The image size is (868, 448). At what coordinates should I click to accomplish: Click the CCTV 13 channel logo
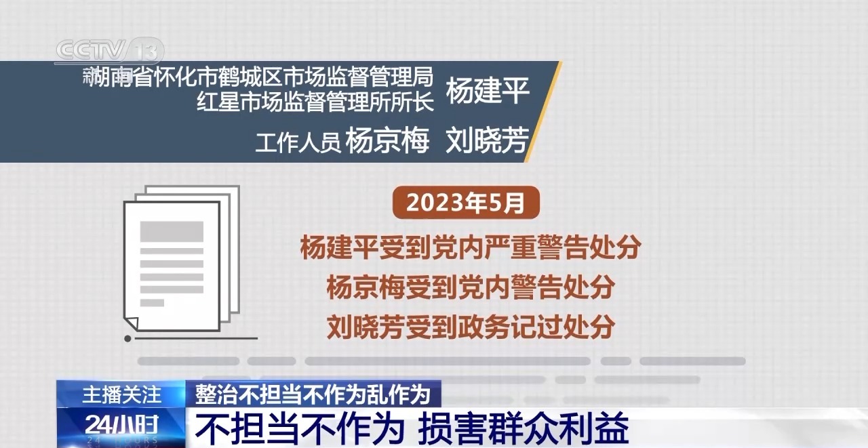[x=110, y=51]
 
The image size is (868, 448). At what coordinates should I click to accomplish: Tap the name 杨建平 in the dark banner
[x=488, y=90]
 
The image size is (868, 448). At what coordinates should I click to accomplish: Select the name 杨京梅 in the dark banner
[x=387, y=140]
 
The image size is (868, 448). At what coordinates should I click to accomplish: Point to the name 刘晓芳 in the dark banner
[x=488, y=140]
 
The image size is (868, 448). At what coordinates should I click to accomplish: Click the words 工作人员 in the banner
[x=298, y=142]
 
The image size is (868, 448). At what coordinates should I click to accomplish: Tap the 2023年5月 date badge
[x=466, y=203]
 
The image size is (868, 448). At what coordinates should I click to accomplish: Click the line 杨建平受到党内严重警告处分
[x=471, y=247]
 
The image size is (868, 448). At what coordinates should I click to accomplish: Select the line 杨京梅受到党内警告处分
[x=471, y=287]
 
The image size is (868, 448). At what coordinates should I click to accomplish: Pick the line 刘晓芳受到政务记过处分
[x=471, y=327]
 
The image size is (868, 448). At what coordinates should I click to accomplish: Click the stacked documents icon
[x=181, y=259]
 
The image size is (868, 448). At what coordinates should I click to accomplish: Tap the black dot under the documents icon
[x=127, y=339]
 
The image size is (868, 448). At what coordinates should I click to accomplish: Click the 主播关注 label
[x=121, y=394]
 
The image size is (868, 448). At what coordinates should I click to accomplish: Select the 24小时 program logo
[x=121, y=425]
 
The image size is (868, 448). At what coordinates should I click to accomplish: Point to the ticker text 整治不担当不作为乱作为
[x=313, y=394]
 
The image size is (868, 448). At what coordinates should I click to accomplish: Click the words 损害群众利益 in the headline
[x=524, y=428]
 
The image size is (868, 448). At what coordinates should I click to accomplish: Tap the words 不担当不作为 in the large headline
[x=300, y=428]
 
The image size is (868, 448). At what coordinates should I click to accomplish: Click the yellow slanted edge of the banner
[x=543, y=112]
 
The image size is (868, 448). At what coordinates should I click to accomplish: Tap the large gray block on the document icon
[x=172, y=231]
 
